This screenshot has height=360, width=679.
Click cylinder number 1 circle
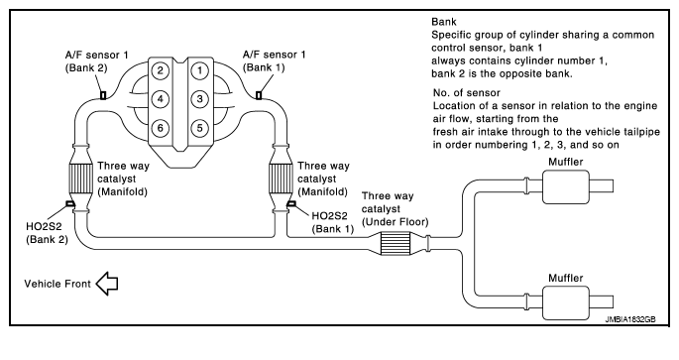199,70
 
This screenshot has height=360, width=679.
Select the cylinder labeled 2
161,70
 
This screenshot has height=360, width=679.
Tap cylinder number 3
199,99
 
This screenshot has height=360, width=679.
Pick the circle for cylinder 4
161,99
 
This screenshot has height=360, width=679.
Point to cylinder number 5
199,128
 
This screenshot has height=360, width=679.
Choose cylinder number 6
161,128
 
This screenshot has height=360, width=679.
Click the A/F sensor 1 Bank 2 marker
103,95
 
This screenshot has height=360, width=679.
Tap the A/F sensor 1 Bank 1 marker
259,95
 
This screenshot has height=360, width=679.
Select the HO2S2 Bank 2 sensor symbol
69,203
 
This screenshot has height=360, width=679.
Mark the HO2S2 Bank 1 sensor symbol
291,203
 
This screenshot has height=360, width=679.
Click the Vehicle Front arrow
106,284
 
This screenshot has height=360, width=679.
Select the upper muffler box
566,186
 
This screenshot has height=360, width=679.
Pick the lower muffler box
566,303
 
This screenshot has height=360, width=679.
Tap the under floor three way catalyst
396,243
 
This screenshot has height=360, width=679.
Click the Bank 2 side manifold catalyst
80,177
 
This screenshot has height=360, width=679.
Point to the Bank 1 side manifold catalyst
281,177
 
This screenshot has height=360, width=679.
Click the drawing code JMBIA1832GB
630,319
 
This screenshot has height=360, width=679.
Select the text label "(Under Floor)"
395,222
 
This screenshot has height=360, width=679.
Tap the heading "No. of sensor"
467,92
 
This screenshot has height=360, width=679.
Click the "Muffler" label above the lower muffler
566,278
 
